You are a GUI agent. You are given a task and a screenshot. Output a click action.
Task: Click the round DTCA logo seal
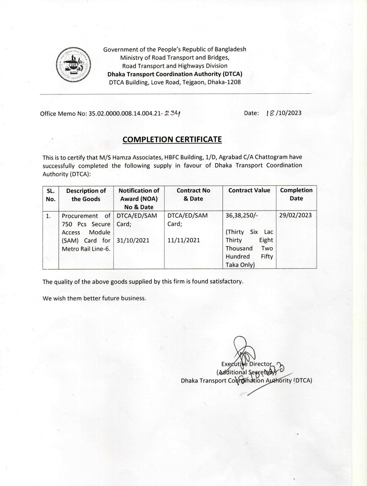pos(73,64)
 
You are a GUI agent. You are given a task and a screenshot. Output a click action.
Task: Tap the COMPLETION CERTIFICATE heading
pos(172,139)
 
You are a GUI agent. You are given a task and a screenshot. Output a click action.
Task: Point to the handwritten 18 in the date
pos(270,113)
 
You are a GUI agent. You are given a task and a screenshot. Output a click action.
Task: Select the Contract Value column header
pos(249,190)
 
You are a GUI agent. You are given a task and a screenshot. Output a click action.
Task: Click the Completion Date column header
pos(296,194)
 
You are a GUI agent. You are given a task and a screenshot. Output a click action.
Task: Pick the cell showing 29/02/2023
pos(295,215)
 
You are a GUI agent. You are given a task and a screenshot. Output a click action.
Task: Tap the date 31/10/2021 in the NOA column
pos(133,240)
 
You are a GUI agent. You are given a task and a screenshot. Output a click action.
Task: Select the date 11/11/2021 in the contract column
pos(183,240)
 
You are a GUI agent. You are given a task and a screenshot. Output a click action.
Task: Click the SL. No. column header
pos(51,195)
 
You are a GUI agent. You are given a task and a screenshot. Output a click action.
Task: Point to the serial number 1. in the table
pos(48,216)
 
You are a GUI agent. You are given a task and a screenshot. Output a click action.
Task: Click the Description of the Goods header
pos(86,195)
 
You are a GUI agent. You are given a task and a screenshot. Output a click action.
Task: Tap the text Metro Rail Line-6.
pos(86,249)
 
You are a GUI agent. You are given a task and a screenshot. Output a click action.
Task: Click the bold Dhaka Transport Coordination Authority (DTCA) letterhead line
pos(175,74)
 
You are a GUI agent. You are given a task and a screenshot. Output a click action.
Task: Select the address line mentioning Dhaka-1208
pos(175,82)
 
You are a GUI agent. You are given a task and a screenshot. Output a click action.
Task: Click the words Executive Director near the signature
pos(246,364)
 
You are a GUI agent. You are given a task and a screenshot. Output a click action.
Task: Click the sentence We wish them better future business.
pos(94,298)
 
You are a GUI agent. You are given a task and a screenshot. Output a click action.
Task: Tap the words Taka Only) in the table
pos(240,265)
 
